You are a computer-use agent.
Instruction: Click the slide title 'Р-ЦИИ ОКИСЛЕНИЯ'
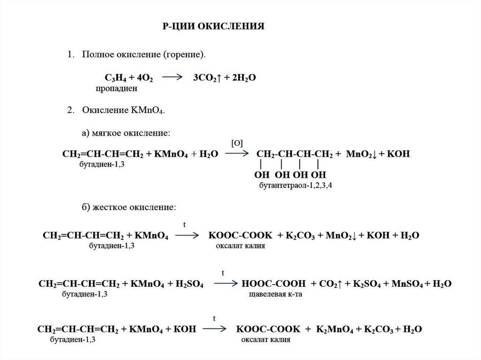click(214, 25)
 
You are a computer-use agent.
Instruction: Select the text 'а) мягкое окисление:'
click(125, 134)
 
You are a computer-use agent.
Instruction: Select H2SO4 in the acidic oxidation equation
click(188, 284)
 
